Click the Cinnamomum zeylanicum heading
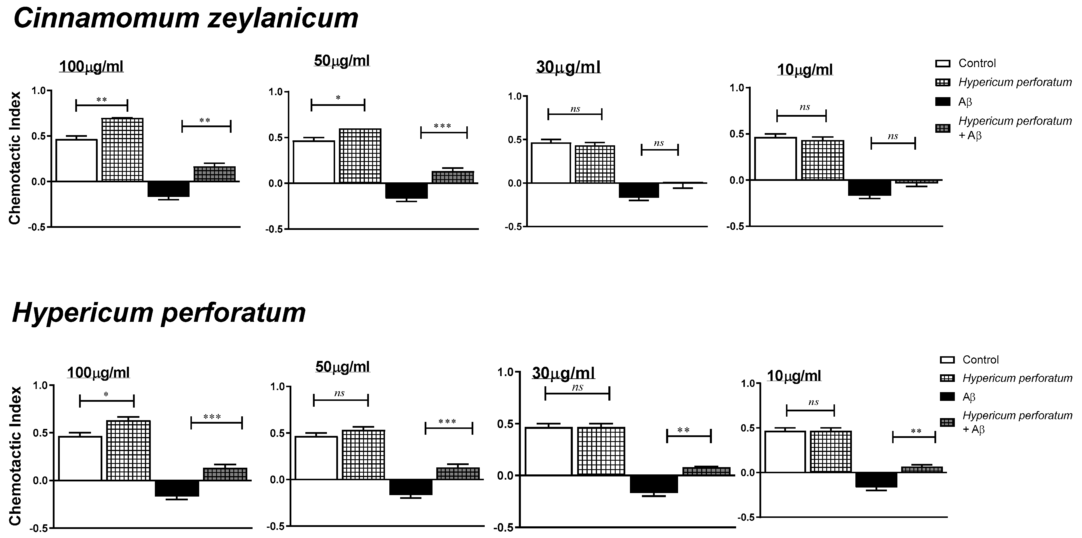(186, 19)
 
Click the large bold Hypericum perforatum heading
(159, 313)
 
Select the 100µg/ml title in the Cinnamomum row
(91, 67)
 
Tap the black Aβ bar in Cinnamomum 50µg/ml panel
(406, 191)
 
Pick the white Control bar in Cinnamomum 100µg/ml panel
(76, 160)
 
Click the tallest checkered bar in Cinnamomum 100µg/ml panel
(122, 150)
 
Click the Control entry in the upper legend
(977, 64)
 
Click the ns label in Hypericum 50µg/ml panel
(339, 393)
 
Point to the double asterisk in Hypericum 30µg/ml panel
(683, 430)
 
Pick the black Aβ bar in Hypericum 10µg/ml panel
(876, 480)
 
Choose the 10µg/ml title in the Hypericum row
(794, 376)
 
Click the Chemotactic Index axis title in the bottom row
(15, 456)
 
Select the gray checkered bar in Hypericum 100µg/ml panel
(225, 474)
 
